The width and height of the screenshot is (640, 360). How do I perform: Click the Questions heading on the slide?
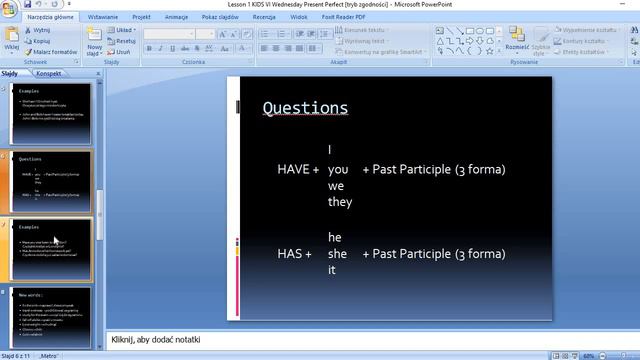tap(305, 108)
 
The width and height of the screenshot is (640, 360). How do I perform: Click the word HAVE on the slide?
tap(294, 169)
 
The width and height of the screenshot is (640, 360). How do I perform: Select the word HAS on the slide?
tap(290, 254)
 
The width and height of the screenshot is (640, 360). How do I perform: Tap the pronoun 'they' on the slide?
tap(340, 202)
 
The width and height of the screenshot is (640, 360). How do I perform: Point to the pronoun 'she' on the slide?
tap(338, 254)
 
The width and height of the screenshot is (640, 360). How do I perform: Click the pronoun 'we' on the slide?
tap(336, 186)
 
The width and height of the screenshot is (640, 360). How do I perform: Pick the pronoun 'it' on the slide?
tap(332, 270)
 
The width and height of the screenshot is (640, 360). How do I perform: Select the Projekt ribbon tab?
tap(141, 17)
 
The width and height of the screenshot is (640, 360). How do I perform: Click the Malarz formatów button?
tap(51, 51)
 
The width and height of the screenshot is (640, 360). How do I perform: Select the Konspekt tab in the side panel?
tap(49, 74)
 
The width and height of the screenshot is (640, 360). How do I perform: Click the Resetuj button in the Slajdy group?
tap(124, 41)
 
